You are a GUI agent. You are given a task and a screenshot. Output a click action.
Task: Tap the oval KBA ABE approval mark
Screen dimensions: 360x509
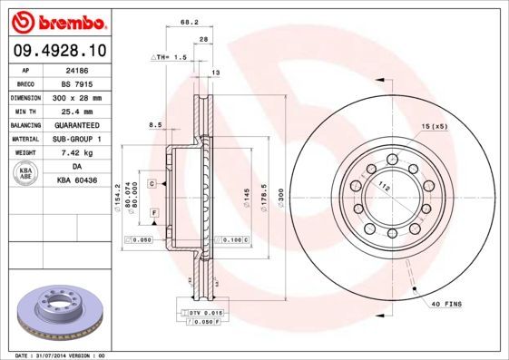pyautogui.click(x=26, y=173)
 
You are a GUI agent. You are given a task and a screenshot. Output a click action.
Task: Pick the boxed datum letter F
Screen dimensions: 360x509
pyautogui.click(x=155, y=212)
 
